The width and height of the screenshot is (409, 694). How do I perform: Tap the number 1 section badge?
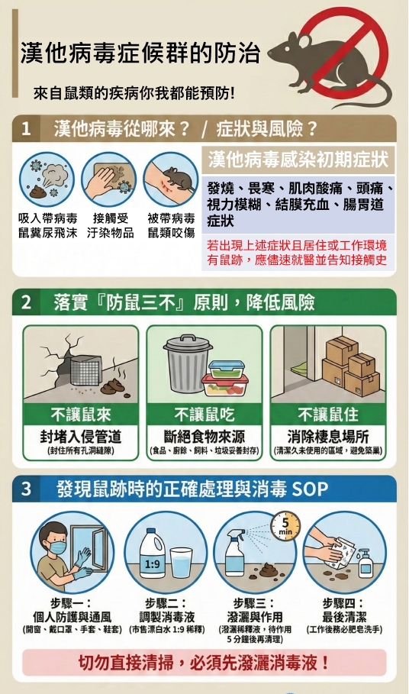(x=26, y=128)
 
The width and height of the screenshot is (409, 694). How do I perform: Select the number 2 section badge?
(x=26, y=302)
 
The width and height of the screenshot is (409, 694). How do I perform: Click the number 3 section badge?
(x=26, y=489)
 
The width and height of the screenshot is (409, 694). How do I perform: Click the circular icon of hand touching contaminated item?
(x=108, y=179)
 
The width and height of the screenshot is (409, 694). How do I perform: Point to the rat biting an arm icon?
(x=170, y=179)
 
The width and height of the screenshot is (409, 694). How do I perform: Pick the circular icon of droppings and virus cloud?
(x=47, y=179)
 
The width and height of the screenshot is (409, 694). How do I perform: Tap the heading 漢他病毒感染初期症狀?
(x=298, y=160)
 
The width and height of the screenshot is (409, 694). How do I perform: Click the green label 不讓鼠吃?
(x=204, y=415)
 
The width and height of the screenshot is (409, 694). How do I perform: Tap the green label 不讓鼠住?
(x=328, y=415)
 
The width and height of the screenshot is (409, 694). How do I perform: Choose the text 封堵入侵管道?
(x=80, y=437)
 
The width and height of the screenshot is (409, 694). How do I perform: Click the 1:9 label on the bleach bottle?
(x=152, y=564)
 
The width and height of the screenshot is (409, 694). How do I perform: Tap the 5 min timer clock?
(x=285, y=526)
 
